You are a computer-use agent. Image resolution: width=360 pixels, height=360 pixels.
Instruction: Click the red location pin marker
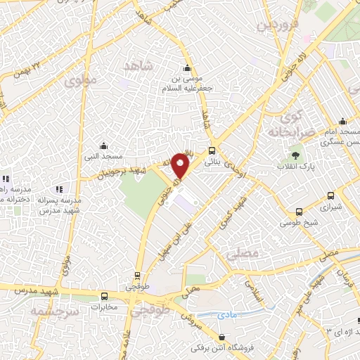(181, 166)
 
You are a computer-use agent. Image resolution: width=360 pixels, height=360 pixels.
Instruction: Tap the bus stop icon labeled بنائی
(212, 150)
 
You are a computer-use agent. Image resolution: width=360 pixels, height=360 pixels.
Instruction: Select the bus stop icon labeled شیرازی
(300, 211)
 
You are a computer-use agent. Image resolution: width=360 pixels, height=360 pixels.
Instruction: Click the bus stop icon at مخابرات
(104, 296)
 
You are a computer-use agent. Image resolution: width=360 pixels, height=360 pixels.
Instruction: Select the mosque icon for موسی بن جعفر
(186, 68)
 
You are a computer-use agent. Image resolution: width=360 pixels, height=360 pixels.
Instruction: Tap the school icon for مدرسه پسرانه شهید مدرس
(59, 188)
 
